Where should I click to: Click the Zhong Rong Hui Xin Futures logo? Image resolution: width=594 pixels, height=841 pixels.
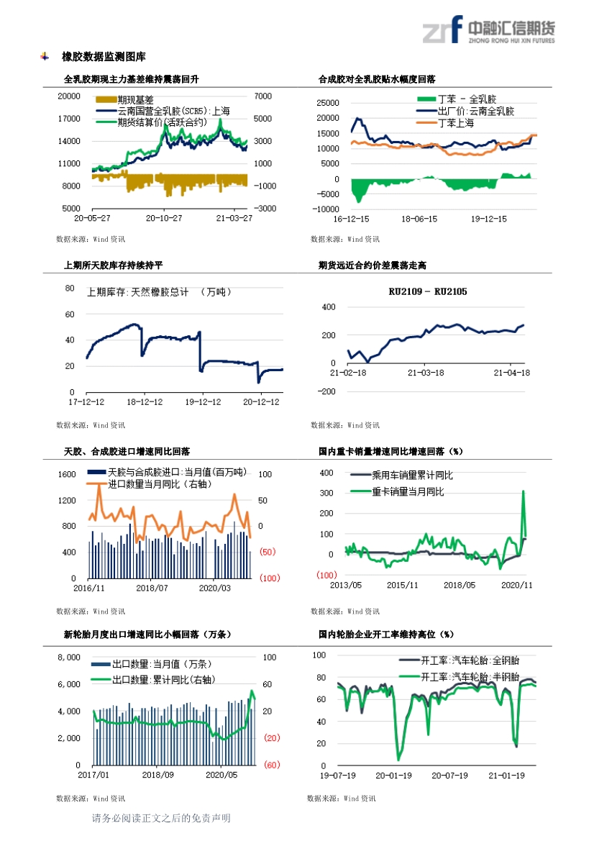tap(488, 29)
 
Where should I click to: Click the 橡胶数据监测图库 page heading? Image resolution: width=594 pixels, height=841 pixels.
tap(104, 56)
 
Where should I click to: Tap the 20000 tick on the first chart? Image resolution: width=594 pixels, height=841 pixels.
tap(69, 96)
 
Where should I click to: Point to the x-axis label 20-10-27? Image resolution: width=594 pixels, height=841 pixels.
tap(164, 218)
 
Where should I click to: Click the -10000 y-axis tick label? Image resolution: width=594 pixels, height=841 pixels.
tap(326, 209)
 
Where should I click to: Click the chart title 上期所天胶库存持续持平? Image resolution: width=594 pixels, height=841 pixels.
tap(113, 265)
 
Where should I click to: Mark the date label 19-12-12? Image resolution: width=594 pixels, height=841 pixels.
tap(203, 401)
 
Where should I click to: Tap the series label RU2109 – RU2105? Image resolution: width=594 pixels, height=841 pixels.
tap(428, 292)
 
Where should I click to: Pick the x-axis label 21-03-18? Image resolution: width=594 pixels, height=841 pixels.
tap(426, 373)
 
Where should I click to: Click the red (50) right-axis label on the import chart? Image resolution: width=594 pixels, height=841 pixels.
tap(268, 552)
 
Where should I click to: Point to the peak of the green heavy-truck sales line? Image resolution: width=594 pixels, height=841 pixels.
tap(524, 491)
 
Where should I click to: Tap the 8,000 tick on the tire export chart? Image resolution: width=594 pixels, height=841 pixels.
tap(69, 658)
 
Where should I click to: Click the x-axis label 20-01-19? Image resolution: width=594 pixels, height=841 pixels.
tap(393, 776)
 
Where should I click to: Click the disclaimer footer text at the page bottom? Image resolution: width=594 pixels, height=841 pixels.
tap(161, 818)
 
